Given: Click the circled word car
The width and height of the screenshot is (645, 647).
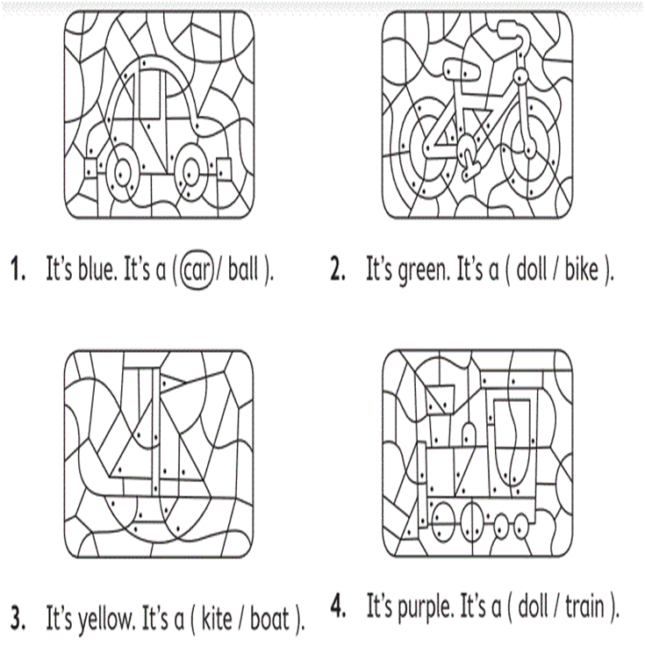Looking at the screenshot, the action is [197, 270].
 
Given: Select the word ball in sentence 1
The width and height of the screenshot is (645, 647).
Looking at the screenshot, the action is [243, 269].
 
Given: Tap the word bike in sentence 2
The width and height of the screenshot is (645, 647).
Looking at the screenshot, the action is [582, 269].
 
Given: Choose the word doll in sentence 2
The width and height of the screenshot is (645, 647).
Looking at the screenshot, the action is [531, 269].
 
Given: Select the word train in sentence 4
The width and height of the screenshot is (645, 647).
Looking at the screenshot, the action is [584, 606].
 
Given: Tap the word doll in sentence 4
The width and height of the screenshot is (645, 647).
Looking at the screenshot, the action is [533, 606].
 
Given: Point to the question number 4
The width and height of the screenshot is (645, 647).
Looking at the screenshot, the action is [339, 606].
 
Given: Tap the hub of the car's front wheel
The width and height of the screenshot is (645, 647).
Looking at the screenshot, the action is [190, 172].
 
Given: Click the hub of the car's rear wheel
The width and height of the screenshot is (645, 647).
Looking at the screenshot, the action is [121, 172].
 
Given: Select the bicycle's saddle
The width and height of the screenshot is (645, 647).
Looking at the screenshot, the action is [462, 68].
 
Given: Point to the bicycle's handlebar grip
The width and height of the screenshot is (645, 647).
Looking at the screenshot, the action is [508, 30].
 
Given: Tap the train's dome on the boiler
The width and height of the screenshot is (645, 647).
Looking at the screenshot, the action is [468, 435].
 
